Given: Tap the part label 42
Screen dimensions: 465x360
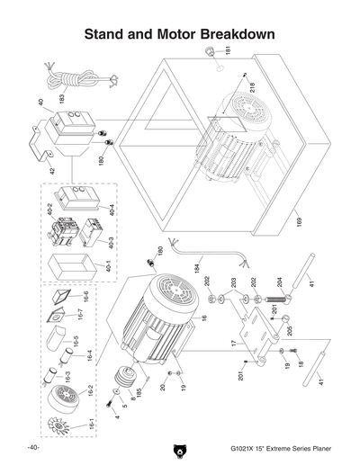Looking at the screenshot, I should (51, 169).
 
